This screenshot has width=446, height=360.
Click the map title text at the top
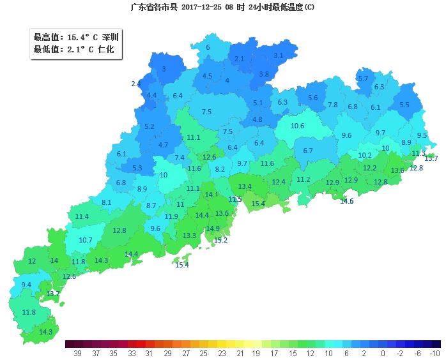pos(222,7)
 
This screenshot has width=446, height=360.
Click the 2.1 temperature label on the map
pos(240,59)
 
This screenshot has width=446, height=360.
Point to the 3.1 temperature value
pos(278,56)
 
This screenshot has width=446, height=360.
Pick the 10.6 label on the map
pos(297,126)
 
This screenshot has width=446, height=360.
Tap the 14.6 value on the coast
pos(346,201)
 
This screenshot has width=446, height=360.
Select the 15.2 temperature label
pos(220,240)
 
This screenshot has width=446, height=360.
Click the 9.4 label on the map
pos(26,285)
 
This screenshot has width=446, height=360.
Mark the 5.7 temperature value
pos(363,79)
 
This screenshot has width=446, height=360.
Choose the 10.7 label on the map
pos(86,240)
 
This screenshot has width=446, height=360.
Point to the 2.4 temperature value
pos(135,84)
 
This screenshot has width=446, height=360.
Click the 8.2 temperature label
pos(220,169)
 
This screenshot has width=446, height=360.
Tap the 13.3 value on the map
pos(189,236)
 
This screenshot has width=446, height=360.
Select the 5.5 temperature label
pos(404,105)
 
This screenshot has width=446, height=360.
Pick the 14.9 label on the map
pos(213,229)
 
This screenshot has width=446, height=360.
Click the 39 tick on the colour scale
pos(77,352)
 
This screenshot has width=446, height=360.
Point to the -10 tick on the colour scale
pos(435,352)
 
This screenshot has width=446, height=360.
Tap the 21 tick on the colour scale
pos(238,352)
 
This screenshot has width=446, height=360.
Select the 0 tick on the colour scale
pos(383,352)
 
